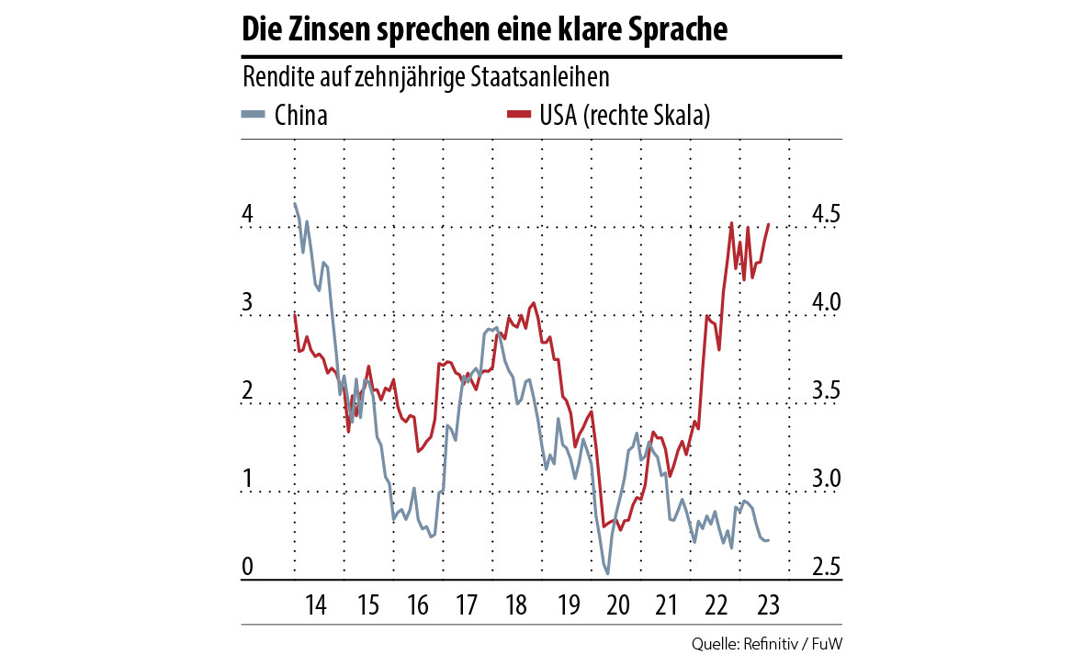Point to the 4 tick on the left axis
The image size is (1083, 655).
[247, 216]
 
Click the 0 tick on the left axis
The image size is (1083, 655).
[247, 569]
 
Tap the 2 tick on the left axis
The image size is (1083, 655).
[247, 392]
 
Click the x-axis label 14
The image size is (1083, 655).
[316, 606]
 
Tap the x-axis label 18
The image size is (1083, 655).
[515, 606]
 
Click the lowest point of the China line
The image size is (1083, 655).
[607, 573]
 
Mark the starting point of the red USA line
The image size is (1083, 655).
[294, 313]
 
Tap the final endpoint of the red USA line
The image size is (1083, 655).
[769, 225]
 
